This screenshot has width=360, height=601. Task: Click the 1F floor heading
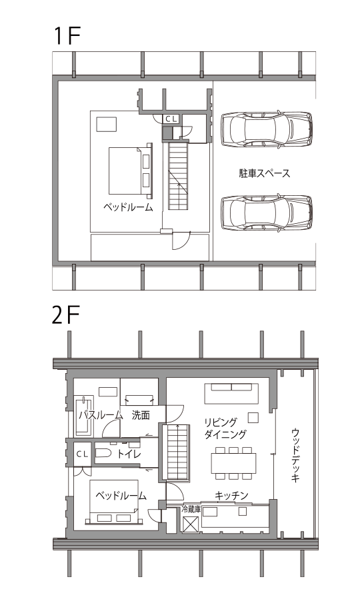pyautogui.click(x=67, y=37)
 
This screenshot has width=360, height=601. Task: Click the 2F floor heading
pyautogui.click(x=65, y=316)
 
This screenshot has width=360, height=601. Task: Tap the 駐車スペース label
pyautogui.click(x=264, y=173)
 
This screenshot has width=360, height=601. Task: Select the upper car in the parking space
pyautogui.click(x=267, y=129)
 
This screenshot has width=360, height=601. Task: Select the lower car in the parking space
pyautogui.click(x=267, y=213)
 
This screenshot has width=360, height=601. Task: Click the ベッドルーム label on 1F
pyautogui.click(x=128, y=208)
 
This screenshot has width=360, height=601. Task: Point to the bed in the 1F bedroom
pyautogui.click(x=131, y=171)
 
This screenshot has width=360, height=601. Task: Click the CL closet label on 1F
pyautogui.click(x=171, y=119)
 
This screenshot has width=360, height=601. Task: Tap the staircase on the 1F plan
pyautogui.click(x=178, y=176)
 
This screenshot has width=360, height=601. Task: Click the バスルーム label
pyautogui.click(x=101, y=415)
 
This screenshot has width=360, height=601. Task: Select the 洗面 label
pyautogui.click(x=141, y=415)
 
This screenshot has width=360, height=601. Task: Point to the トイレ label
pyautogui.click(x=129, y=454)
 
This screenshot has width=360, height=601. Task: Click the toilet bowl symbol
pyautogui.click(x=103, y=454)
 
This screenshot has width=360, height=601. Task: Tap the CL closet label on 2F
pyautogui.click(x=82, y=454)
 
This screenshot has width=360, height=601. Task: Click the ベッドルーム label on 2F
pyautogui.click(x=121, y=496)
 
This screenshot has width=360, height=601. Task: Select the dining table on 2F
pyautogui.click(x=233, y=463)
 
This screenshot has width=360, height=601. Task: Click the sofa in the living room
pyautogui.click(x=231, y=394)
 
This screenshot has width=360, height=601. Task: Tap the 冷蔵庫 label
pyautogui.click(x=191, y=510)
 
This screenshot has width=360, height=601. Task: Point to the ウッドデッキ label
pyautogui.click(x=295, y=455)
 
